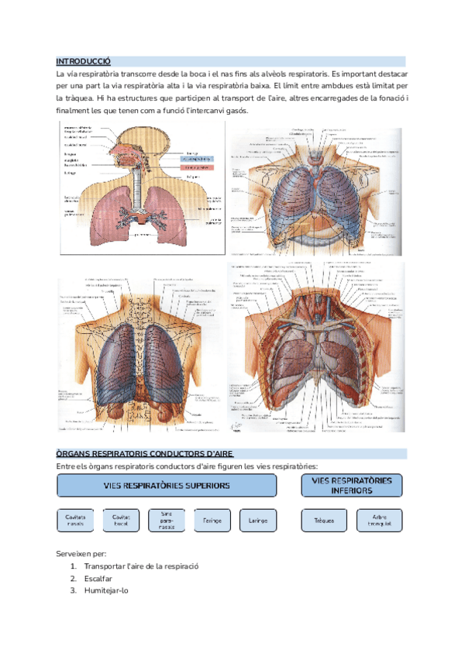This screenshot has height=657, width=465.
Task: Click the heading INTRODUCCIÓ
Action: pos(84,61)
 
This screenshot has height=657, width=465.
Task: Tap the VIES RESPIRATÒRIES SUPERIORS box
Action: pos(167,485)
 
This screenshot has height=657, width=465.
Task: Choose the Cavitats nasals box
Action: pos(76,520)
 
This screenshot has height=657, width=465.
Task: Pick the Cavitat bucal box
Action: pos(122,520)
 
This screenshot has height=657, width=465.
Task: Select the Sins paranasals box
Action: pos(167,520)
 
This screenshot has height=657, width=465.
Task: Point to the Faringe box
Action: pos(212,520)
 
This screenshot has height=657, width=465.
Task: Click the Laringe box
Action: pos(258,520)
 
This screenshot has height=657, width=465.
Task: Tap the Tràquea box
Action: pos(323,520)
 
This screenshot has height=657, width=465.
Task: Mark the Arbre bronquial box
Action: pos(379,520)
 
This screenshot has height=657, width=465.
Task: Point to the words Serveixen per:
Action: pos(81,553)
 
